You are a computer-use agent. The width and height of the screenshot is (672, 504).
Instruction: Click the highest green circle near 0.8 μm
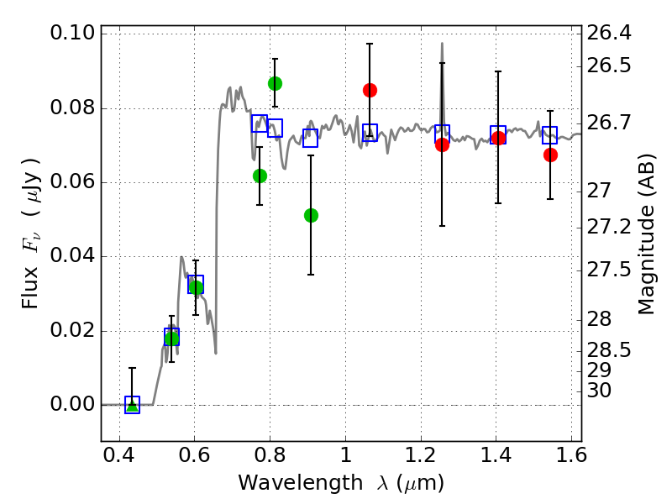275,83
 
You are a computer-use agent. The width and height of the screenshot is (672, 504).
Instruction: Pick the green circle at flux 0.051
311,215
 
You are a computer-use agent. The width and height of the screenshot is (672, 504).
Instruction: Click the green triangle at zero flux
132,405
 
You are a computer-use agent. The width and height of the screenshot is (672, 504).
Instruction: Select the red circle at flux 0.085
370,90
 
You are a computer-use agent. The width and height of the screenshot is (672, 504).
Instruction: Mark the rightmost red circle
550,155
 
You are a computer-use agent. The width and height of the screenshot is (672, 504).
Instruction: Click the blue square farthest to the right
550,134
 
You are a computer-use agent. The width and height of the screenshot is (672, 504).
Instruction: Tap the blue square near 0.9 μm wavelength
310,139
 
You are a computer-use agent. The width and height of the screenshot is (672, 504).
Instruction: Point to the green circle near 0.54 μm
171,339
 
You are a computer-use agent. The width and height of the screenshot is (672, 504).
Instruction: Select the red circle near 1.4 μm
498,138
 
